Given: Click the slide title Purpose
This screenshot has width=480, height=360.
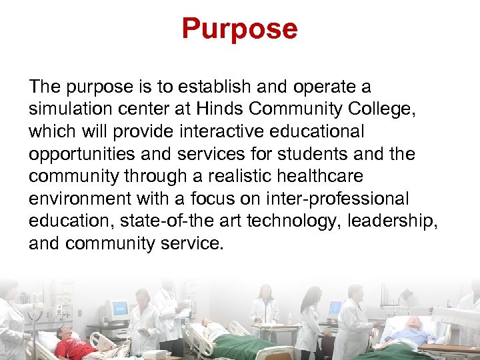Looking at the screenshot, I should pos(239,29).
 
